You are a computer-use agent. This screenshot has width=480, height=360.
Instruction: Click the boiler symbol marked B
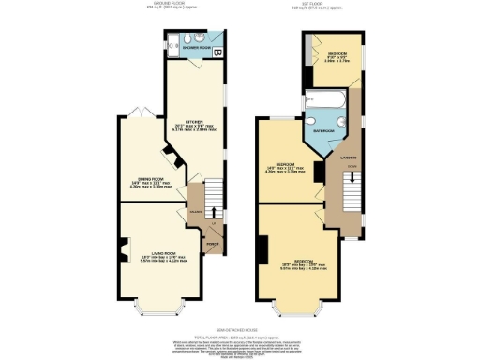pos(217,51)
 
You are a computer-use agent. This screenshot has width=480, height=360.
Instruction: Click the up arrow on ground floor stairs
pos(213,215)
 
